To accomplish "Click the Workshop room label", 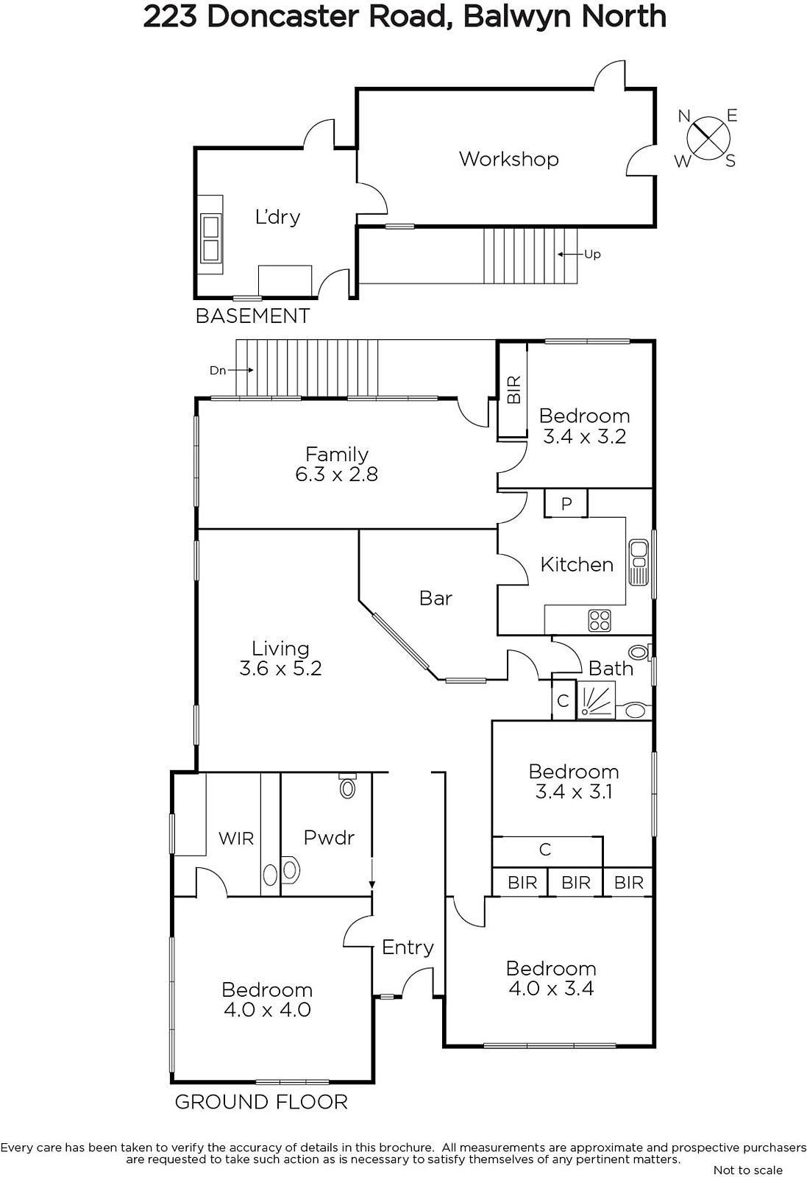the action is pyautogui.click(x=508, y=159).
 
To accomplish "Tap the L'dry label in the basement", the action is pyautogui.click(x=277, y=216).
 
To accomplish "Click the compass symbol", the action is pyautogui.click(x=708, y=138).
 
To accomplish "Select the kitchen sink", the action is pyautogui.click(x=639, y=562).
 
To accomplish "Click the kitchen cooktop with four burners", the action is pyautogui.click(x=600, y=619).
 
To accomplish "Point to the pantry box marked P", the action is pyautogui.click(x=566, y=503).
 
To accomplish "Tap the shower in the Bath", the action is pyautogui.click(x=597, y=699).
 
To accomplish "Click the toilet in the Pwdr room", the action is pyautogui.click(x=347, y=786).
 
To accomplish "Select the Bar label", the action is pyautogui.click(x=436, y=598).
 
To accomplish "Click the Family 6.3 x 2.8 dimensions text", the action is pyautogui.click(x=337, y=474).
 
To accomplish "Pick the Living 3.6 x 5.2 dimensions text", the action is pyautogui.click(x=280, y=669).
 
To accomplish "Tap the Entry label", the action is pyautogui.click(x=408, y=947).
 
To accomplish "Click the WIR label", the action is pyautogui.click(x=236, y=839).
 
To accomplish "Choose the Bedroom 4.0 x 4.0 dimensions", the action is pyautogui.click(x=268, y=1009).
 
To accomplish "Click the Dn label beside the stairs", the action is pyautogui.click(x=218, y=371).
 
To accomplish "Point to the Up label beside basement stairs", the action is pyautogui.click(x=592, y=255).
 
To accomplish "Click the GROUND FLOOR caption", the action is pyautogui.click(x=261, y=1102).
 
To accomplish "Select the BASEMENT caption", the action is pyautogui.click(x=253, y=316).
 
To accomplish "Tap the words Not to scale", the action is pyautogui.click(x=747, y=1170).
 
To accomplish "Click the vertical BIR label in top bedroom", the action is pyautogui.click(x=514, y=389).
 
